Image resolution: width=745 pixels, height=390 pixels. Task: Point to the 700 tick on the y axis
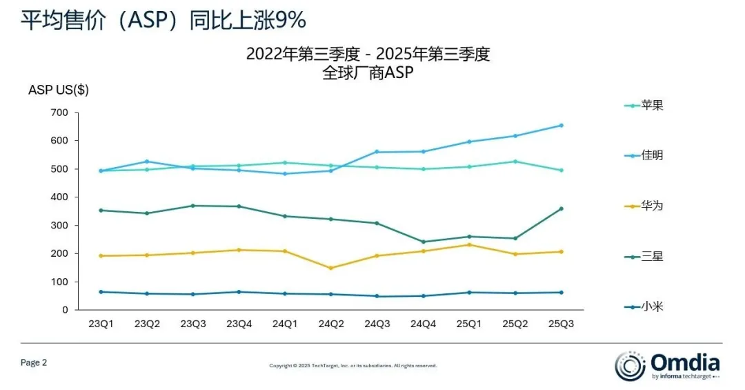[x=59, y=113]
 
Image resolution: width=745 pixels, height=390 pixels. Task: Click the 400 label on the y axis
[x=59, y=197]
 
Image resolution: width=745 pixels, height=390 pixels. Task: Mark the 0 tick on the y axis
[x=65, y=310]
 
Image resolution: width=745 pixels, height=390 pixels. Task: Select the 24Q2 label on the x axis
[x=330, y=324]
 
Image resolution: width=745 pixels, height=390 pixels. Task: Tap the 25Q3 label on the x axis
[x=561, y=324]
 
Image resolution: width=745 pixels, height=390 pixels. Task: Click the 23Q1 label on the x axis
[x=101, y=324]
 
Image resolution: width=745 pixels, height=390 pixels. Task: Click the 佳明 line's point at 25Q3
[x=561, y=126]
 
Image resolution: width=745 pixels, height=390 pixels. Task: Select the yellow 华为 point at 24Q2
[x=330, y=268]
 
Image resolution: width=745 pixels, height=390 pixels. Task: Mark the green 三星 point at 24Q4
[x=423, y=242]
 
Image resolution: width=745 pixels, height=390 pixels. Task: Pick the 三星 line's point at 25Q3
[x=561, y=208]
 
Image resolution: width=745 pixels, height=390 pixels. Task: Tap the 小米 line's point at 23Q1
[x=101, y=292]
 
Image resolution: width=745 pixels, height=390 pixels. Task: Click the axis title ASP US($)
[x=59, y=90]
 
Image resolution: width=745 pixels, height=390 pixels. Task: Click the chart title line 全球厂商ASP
[x=368, y=73]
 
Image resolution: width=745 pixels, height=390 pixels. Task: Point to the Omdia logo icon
[x=630, y=365]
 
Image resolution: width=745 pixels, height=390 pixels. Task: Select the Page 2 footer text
[x=34, y=362]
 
